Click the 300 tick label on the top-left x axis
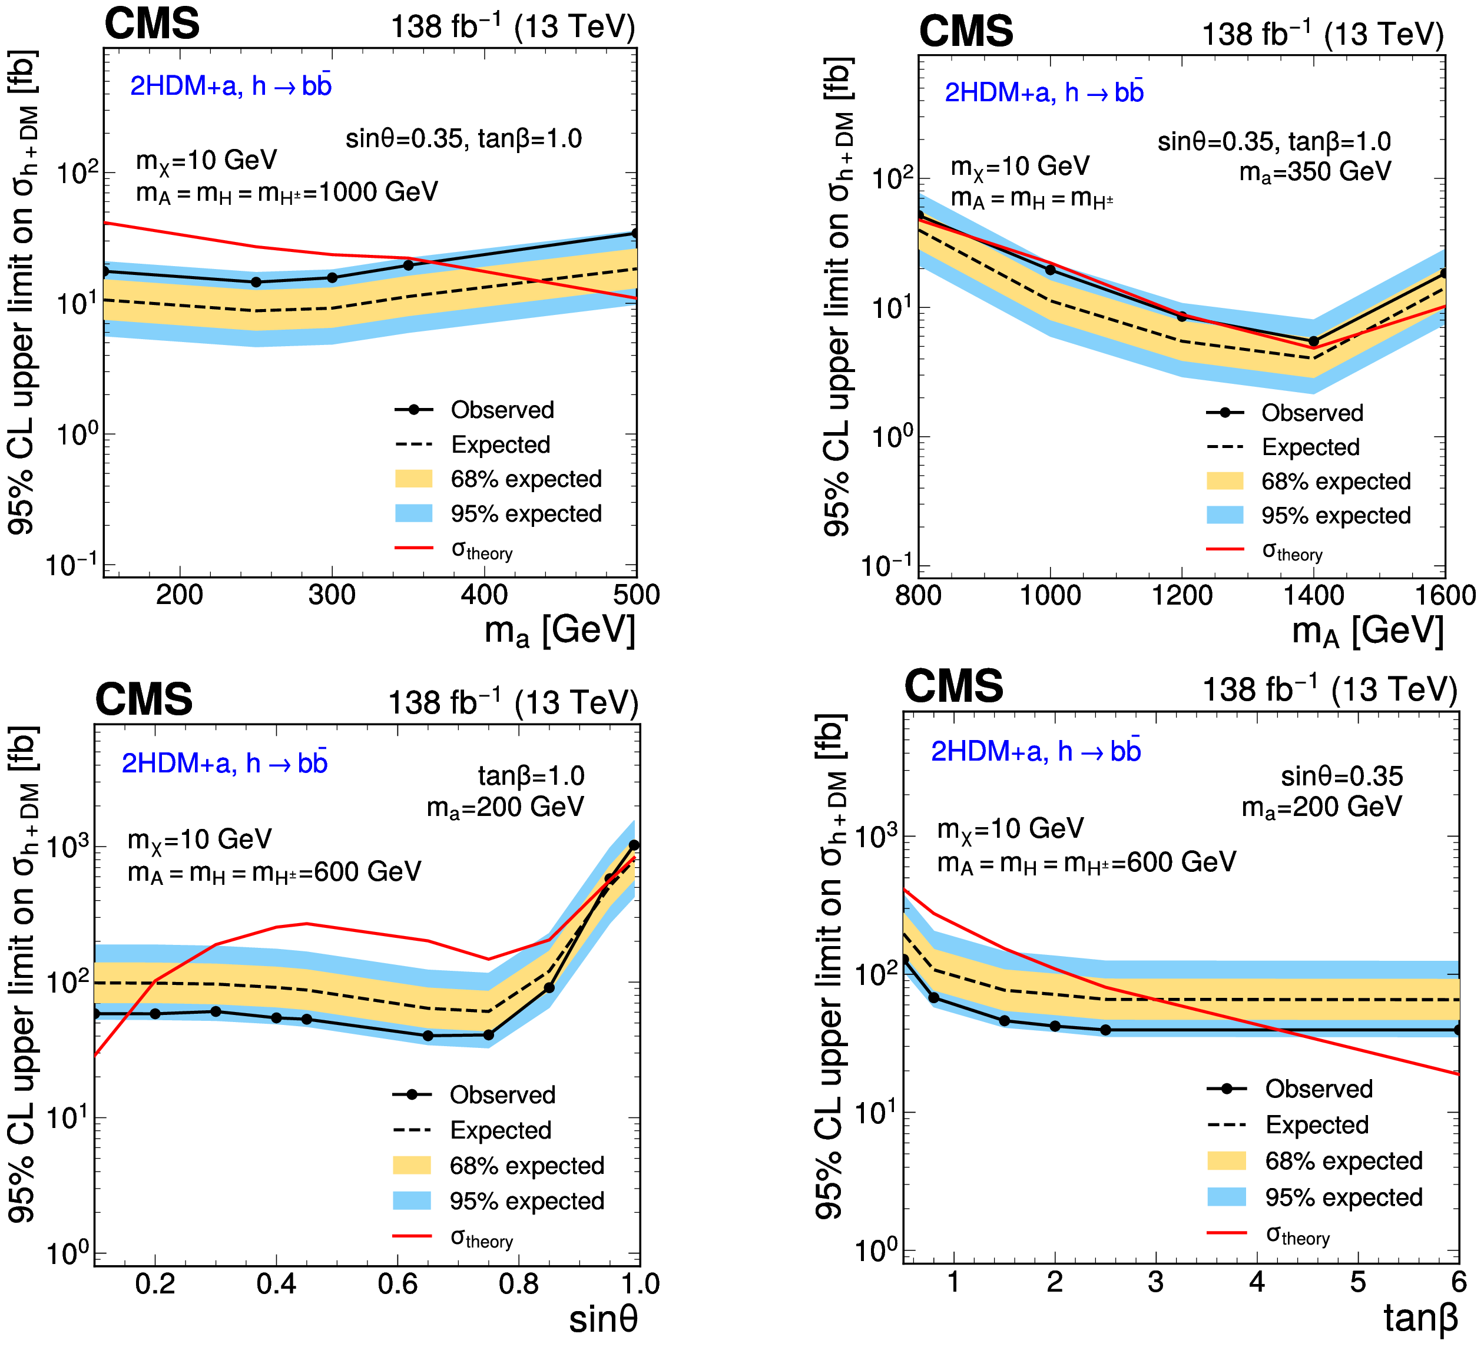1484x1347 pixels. tap(332, 595)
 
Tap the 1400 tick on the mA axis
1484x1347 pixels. tap(1313, 595)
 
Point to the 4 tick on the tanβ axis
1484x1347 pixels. tap(1257, 1282)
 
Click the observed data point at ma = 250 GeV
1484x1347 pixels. tap(256, 282)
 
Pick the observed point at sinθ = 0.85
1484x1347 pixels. tap(549, 988)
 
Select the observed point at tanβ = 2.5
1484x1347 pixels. tap(1106, 1030)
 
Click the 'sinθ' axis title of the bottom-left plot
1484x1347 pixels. tap(603, 1318)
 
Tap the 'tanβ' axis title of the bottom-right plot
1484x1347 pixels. tap(1420, 1318)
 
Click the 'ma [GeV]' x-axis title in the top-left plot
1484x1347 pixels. tap(559, 631)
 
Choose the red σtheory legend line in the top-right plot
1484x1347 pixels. tap(1225, 549)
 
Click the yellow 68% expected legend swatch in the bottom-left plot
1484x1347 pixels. tap(412, 1165)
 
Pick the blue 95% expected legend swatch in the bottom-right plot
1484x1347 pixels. tap(1226, 1197)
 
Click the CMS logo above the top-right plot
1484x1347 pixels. tap(966, 32)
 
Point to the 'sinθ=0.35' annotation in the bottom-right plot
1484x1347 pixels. tap(1341, 777)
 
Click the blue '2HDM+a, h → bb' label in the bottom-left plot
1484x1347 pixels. tap(224, 764)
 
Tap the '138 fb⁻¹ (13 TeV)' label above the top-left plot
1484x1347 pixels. tap(512, 27)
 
